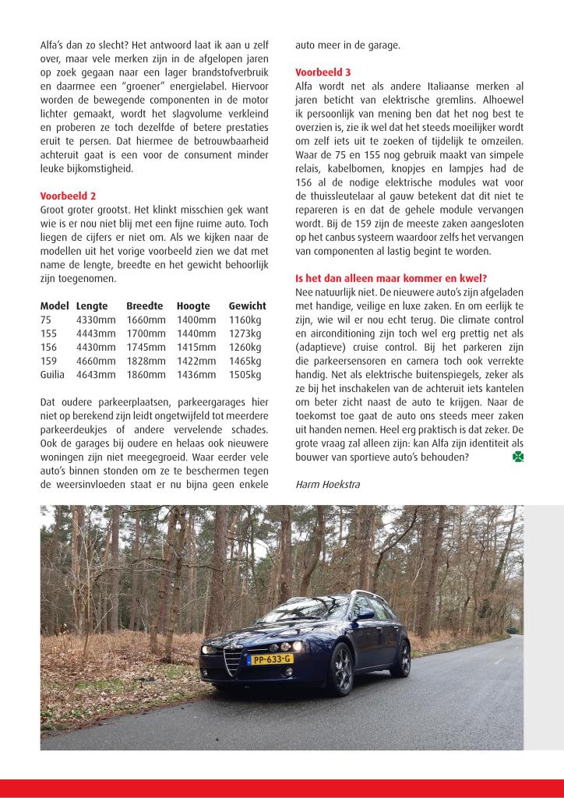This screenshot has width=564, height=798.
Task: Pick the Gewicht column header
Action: click(x=247, y=306)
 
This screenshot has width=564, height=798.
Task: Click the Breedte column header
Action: click(x=145, y=306)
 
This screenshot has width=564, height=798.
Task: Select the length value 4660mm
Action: click(x=96, y=361)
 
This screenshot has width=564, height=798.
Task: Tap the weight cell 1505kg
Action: click(x=245, y=375)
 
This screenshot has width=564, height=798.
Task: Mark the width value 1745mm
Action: click(x=146, y=347)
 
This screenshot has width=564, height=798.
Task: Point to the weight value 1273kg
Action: click(x=245, y=334)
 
